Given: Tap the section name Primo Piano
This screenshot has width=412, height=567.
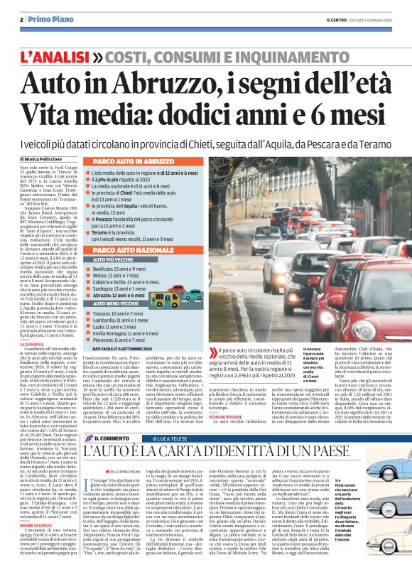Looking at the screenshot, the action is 41,19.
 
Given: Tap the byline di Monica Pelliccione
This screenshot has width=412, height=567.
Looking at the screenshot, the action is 40,156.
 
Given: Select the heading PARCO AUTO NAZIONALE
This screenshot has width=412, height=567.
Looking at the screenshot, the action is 126,251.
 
